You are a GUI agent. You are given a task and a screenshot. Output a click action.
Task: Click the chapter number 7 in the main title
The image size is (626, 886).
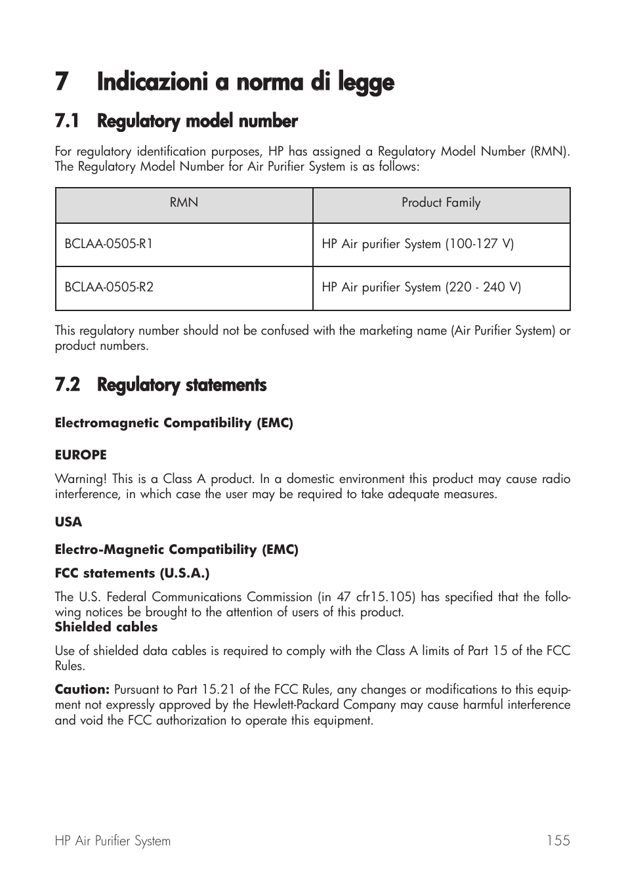click(62, 83)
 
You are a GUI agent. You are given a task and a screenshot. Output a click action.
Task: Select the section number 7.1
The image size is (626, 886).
click(67, 121)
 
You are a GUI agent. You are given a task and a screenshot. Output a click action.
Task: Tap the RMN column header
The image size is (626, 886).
click(184, 203)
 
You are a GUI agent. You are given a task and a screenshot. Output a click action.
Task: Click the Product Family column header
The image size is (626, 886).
click(441, 203)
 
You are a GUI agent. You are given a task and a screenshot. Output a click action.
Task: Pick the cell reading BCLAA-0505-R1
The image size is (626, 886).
click(109, 244)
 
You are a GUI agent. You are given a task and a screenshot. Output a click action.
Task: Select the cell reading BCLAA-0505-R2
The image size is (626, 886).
click(109, 287)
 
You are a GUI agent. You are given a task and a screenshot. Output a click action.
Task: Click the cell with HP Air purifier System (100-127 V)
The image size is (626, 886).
click(418, 244)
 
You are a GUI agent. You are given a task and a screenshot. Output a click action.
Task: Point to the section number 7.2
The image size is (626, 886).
click(67, 385)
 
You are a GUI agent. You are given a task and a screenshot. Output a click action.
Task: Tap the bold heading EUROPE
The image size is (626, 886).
click(81, 455)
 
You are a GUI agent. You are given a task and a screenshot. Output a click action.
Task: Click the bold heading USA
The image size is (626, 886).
click(68, 522)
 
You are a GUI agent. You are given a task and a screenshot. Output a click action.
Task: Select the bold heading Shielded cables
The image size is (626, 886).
click(106, 627)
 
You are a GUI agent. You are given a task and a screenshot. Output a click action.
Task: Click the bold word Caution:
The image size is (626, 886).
click(82, 690)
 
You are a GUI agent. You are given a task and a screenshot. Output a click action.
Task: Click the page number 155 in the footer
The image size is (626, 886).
click(558, 841)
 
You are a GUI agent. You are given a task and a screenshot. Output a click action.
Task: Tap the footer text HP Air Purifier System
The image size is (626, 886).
click(113, 841)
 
